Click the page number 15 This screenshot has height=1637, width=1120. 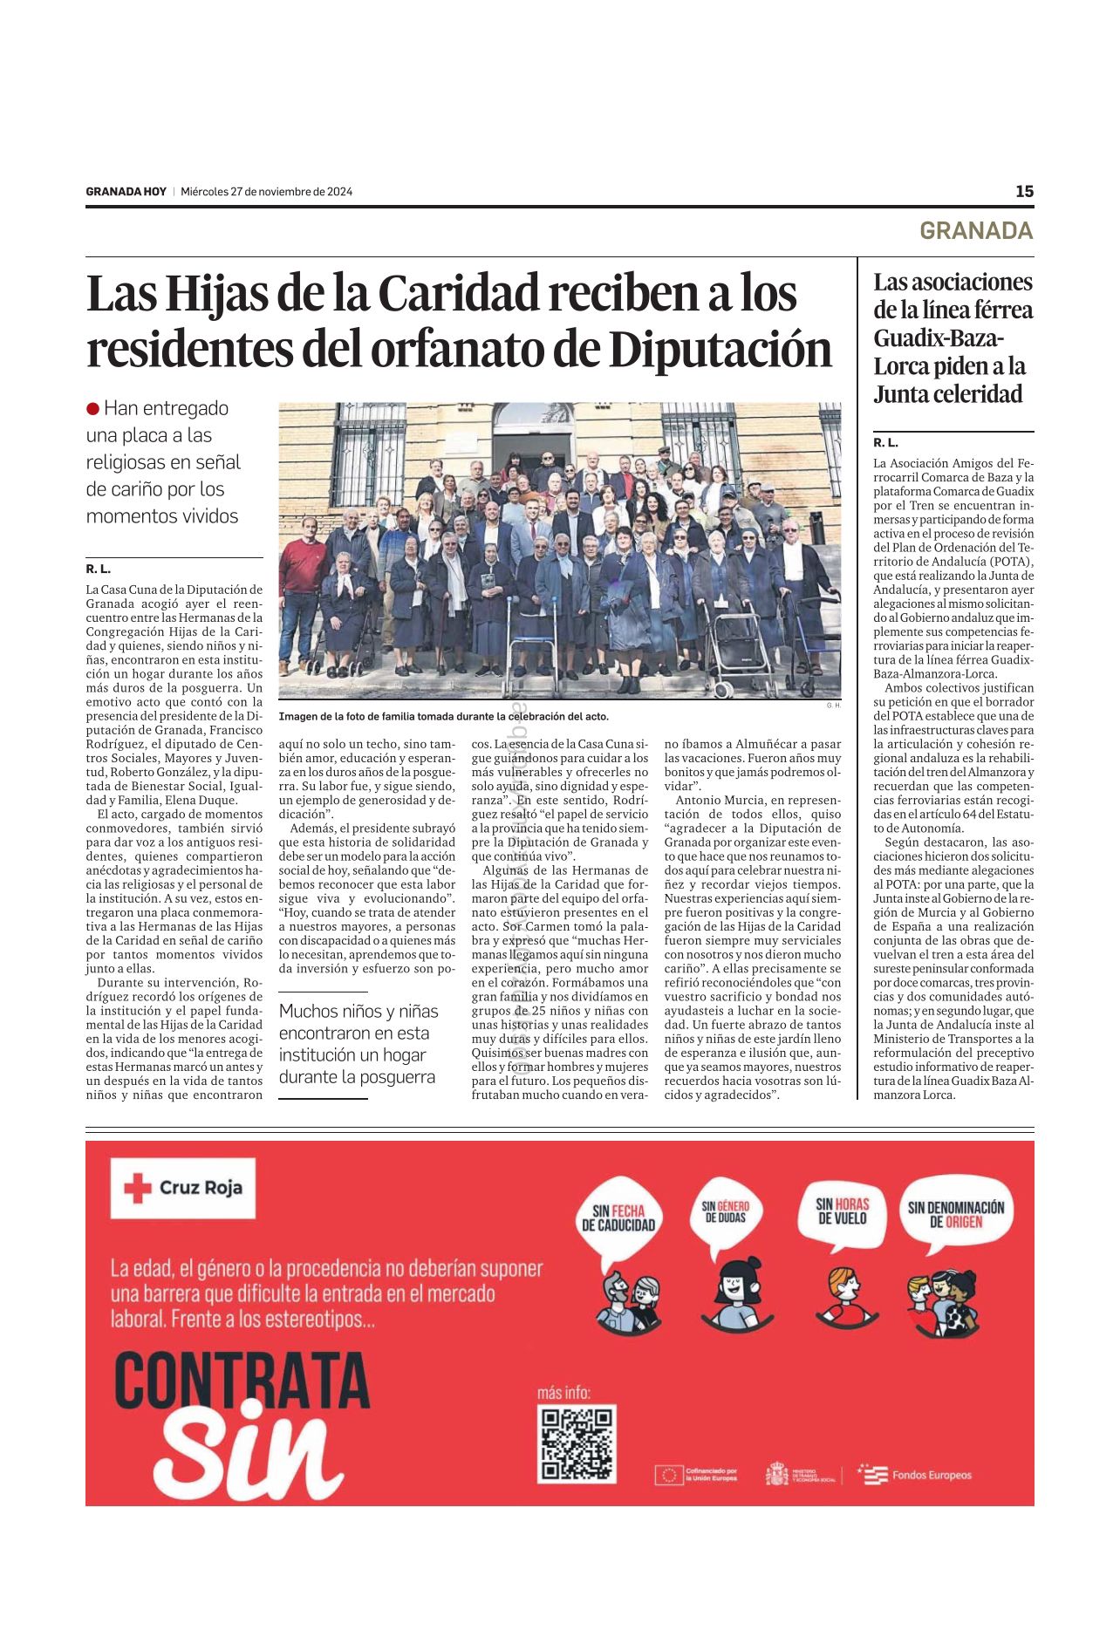tap(1024, 191)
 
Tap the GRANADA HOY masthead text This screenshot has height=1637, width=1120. tap(126, 192)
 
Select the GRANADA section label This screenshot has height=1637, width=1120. tap(975, 230)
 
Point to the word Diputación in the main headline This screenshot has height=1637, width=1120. tap(720, 351)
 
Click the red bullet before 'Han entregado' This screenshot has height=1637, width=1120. tap(93, 409)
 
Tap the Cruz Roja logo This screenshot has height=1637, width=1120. tap(183, 1187)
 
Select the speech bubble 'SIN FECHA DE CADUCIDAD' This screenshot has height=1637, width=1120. tap(618, 1218)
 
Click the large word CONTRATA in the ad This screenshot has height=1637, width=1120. tap(242, 1380)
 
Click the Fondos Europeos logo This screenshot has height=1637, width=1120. tap(916, 1475)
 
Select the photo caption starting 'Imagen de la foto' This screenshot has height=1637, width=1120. tap(443, 716)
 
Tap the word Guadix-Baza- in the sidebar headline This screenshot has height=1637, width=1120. tap(939, 338)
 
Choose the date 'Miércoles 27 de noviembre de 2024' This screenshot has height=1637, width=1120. tap(266, 192)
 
